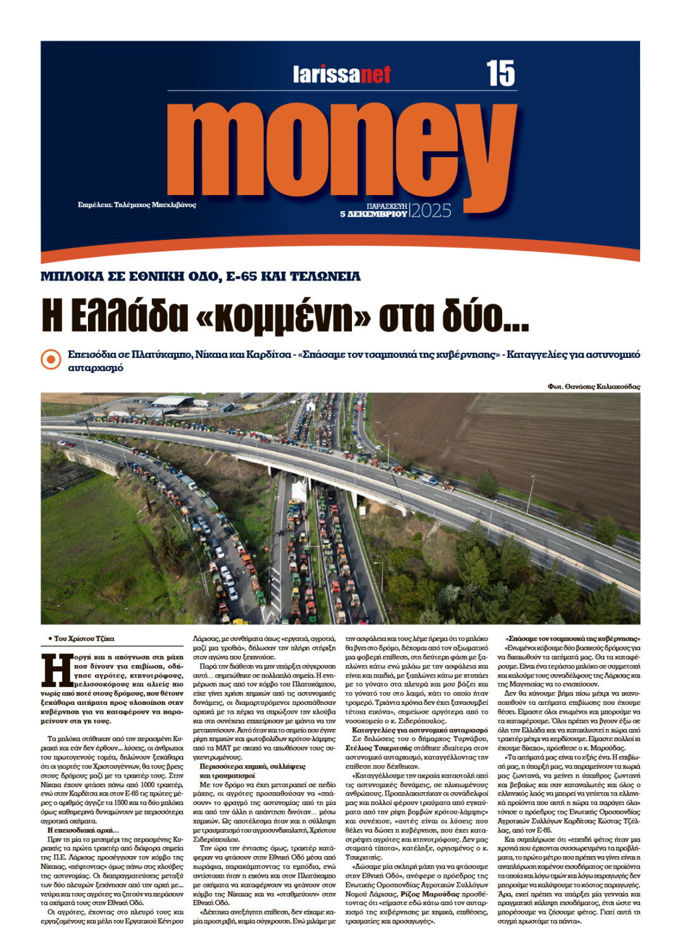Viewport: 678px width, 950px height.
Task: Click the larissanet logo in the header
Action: pyautogui.click(x=342, y=75)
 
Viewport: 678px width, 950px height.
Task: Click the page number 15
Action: pyautogui.click(x=501, y=73)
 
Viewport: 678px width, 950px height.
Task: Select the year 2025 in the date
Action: pyautogui.click(x=432, y=211)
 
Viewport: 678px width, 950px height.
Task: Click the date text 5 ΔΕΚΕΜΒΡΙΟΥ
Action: pyautogui.click(x=374, y=215)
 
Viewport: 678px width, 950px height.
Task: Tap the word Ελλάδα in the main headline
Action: pyautogui.click(x=131, y=317)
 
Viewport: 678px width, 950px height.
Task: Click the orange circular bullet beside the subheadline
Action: pyautogui.click(x=51, y=359)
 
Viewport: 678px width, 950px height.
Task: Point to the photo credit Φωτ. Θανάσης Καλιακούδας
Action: pyautogui.click(x=594, y=386)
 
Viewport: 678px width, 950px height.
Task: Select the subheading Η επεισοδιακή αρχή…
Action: pyautogui.click(x=84, y=830)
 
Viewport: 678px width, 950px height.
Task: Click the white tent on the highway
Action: pyautogui.click(x=299, y=491)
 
